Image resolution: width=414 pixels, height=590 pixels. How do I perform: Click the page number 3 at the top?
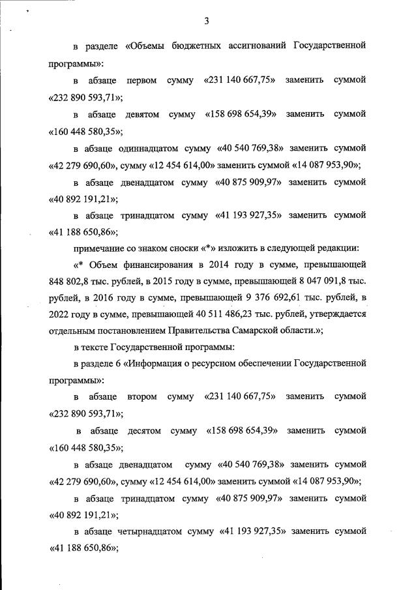tap(206, 21)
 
